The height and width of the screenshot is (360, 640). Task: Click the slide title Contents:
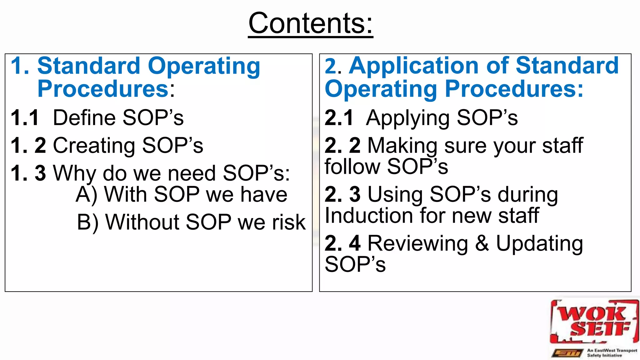click(x=310, y=23)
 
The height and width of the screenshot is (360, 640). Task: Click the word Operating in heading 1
click(x=204, y=66)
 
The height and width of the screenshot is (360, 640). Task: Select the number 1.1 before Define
click(x=25, y=118)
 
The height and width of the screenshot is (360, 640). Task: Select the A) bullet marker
click(x=87, y=195)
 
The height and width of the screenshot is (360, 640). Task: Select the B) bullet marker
click(x=88, y=222)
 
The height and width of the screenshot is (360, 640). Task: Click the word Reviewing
click(x=418, y=243)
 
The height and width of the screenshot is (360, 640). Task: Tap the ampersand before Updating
click(x=482, y=243)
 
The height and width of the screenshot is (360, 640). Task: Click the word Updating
click(x=539, y=244)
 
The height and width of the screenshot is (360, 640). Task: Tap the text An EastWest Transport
click(x=612, y=350)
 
